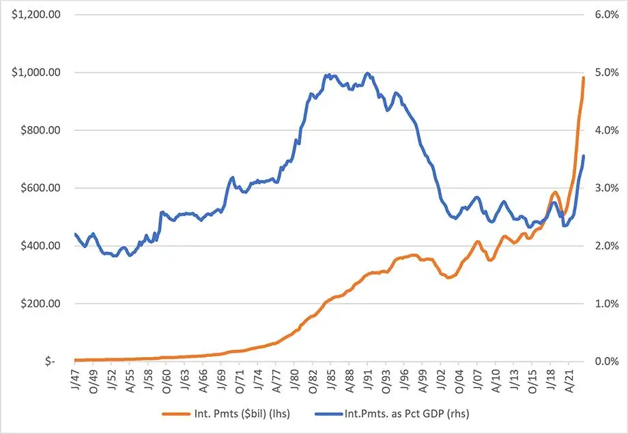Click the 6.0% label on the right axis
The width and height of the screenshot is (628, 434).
click(606, 15)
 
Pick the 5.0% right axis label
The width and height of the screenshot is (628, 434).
click(606, 72)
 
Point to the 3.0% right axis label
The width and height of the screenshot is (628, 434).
click(606, 188)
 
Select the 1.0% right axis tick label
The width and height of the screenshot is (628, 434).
click(606, 304)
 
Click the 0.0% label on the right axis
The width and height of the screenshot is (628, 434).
click(606, 361)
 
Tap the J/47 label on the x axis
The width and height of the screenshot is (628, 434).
click(76, 377)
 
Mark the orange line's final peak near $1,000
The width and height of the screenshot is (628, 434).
click(584, 78)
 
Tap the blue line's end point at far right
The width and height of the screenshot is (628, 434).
click(584, 157)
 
